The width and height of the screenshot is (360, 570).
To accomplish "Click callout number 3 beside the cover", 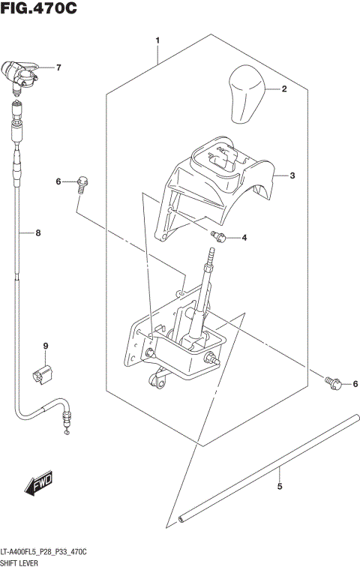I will pos(292,175).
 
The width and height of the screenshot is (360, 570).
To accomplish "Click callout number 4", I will pos(244,238).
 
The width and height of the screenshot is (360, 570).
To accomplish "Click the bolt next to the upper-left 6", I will pos(82,182).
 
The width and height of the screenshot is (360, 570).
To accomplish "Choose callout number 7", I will pos(58,67).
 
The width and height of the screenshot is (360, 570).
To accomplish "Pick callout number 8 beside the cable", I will pos(38,232).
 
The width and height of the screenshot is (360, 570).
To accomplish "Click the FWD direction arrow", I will pos(37,484).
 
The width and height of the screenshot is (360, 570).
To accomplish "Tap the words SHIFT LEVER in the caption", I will pos(22,562).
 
